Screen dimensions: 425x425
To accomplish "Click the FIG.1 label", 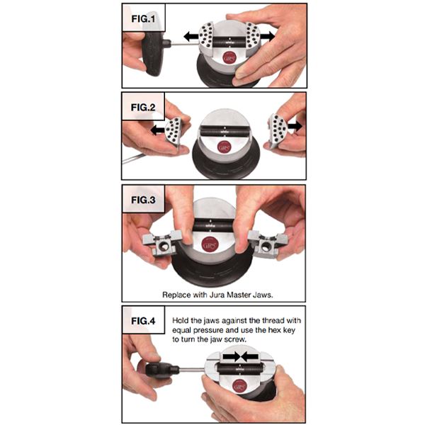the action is pyautogui.click(x=143, y=19).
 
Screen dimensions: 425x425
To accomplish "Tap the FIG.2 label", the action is pyautogui.click(x=143, y=108).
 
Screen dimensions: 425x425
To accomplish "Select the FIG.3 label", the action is pyautogui.click(x=143, y=200).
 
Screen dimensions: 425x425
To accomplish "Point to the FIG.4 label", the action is pyautogui.click(x=143, y=321).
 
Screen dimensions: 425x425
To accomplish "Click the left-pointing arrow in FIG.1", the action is pyautogui.click(x=192, y=36).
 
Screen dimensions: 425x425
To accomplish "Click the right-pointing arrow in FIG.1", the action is pyautogui.click(x=267, y=36).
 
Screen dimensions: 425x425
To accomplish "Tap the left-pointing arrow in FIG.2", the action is pyautogui.click(x=158, y=130).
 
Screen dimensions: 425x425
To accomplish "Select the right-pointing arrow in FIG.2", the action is pyautogui.click(x=295, y=126).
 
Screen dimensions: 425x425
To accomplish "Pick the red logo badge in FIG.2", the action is pyautogui.click(x=225, y=147).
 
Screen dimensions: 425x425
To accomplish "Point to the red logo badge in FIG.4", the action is pyautogui.click(x=239, y=386).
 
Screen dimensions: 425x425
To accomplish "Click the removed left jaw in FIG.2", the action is pyautogui.click(x=173, y=132).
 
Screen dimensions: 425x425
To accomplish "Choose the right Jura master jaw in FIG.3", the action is pyautogui.click(x=268, y=244).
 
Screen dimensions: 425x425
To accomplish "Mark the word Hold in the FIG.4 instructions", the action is pyautogui.click(x=181, y=321).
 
